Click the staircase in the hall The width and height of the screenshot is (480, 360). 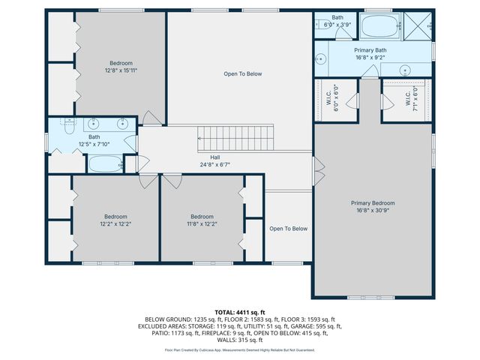(237, 138)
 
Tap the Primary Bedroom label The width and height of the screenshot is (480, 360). (373, 207)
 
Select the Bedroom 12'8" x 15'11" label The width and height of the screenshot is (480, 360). (121, 67)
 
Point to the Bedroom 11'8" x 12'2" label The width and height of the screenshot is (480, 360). (202, 220)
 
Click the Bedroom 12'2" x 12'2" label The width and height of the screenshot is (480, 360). (115, 220)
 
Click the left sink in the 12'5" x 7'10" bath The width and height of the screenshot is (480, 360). (94, 124)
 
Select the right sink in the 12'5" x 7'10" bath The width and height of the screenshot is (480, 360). (121, 124)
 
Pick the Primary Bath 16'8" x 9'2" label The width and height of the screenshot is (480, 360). (370, 53)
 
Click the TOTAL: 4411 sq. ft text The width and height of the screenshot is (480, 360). (240, 312)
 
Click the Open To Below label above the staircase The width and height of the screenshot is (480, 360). (243, 73)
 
